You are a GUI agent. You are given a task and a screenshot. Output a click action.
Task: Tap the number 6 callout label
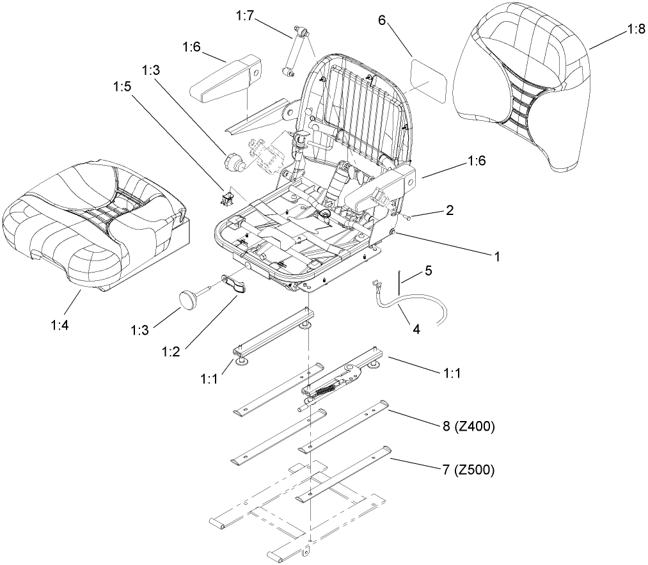click(382, 20)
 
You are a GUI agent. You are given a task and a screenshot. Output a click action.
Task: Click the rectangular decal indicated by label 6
click(429, 76)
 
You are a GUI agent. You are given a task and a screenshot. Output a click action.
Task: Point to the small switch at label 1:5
click(226, 200)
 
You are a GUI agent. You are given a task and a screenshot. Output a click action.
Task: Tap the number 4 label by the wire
click(416, 330)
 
